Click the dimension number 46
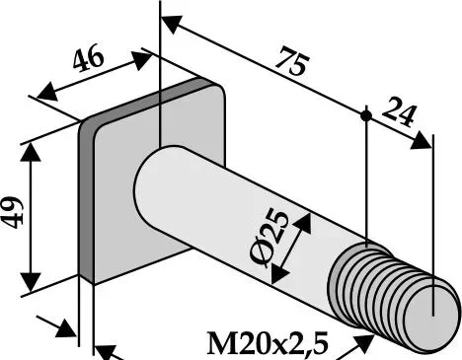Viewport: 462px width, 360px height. (x=88, y=60)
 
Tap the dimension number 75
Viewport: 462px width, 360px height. (x=292, y=61)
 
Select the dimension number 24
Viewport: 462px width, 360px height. (x=399, y=111)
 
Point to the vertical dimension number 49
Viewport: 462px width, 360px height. (x=13, y=212)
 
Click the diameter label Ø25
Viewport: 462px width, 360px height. (x=269, y=238)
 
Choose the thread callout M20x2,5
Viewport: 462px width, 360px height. (x=268, y=344)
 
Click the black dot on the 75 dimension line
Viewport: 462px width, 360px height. (x=366, y=115)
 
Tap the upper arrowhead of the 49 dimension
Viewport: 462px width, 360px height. (x=31, y=153)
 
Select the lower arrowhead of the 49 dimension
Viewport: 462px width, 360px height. (x=31, y=282)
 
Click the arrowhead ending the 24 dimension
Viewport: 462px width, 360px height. (x=422, y=141)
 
